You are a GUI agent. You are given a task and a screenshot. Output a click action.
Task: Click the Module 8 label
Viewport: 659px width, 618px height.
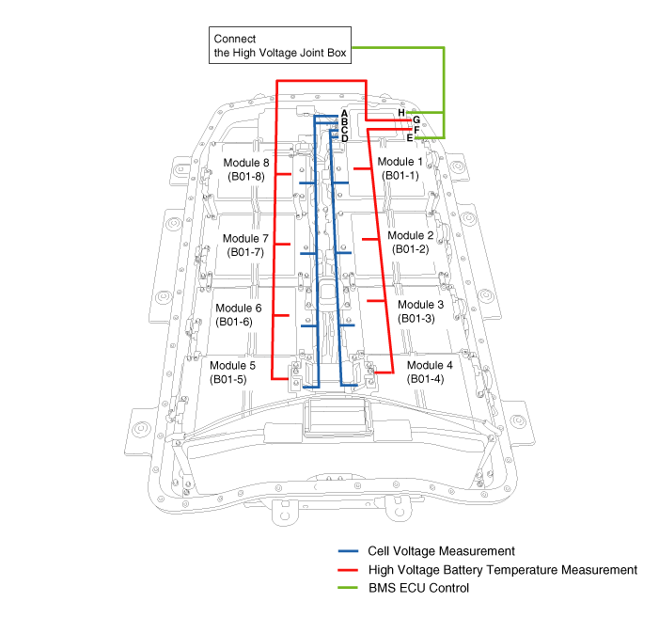(x=246, y=162)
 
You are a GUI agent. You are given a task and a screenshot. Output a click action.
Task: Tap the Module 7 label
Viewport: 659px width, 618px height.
(x=246, y=238)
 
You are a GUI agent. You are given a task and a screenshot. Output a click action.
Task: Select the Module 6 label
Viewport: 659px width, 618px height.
(x=239, y=308)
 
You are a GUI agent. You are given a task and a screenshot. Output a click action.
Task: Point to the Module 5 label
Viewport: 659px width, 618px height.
(x=232, y=366)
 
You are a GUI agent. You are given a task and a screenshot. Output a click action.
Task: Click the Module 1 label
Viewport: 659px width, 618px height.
(x=400, y=162)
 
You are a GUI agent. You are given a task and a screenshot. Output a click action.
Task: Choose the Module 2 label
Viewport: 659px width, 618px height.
(x=411, y=235)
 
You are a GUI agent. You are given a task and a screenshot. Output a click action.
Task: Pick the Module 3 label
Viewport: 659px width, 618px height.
(x=420, y=305)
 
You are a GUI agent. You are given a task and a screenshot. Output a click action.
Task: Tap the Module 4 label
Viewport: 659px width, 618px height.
(x=430, y=365)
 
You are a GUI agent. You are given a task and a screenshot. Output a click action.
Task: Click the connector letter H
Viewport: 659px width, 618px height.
(x=401, y=112)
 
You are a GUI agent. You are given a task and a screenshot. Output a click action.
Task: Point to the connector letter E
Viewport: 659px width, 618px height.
(x=410, y=137)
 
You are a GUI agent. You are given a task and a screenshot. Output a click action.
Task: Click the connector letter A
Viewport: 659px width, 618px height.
(x=345, y=113)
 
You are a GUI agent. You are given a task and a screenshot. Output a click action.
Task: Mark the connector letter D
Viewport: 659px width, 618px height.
(x=345, y=138)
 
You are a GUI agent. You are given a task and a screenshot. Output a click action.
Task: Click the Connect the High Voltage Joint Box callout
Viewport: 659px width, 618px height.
(x=280, y=46)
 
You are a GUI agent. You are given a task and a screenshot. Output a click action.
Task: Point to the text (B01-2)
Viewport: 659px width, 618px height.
(x=410, y=249)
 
